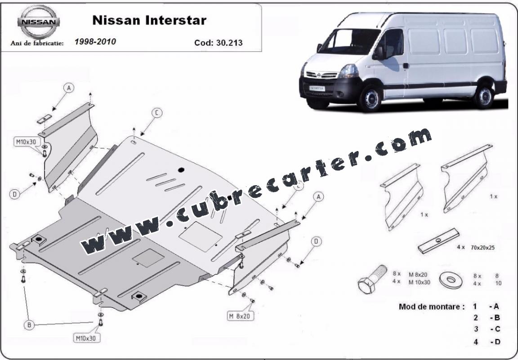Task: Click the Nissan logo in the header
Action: (x=39, y=22)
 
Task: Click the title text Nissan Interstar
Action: (x=149, y=20)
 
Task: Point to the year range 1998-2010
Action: (x=95, y=42)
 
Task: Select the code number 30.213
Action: (x=229, y=43)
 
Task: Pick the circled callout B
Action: (x=29, y=325)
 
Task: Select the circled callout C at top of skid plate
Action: (x=156, y=113)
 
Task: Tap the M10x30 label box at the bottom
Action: (x=86, y=338)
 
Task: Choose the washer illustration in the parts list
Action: (x=451, y=280)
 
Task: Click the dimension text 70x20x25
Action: (x=482, y=247)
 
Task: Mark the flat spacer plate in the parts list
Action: (x=438, y=241)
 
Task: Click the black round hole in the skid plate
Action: (x=181, y=170)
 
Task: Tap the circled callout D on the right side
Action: (x=316, y=241)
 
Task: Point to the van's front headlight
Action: (x=348, y=71)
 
